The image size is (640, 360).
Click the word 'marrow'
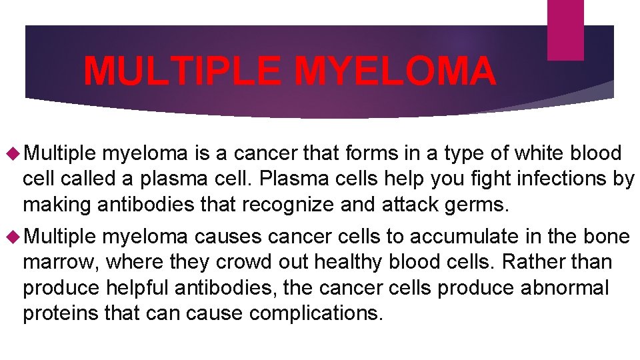coord(60,262)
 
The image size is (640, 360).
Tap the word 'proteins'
coord(61,313)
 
